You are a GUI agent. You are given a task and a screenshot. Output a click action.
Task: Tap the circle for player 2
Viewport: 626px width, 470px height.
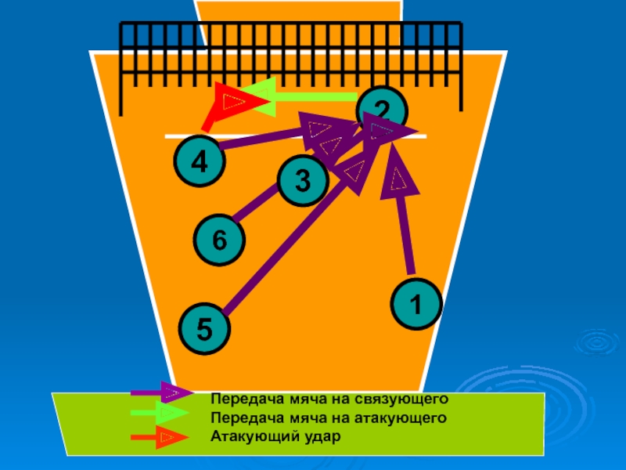click(x=382, y=110)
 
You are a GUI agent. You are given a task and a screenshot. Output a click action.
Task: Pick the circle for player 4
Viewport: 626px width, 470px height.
click(x=200, y=162)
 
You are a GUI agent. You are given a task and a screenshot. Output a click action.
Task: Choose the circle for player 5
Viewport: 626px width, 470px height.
click(x=203, y=328)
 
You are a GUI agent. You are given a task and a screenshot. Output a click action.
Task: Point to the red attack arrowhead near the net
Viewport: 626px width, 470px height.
click(x=232, y=99)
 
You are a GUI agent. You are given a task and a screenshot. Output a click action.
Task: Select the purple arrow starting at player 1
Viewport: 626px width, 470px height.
click(x=404, y=219)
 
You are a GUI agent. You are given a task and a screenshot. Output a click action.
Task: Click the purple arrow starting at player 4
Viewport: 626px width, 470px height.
click(x=266, y=139)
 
